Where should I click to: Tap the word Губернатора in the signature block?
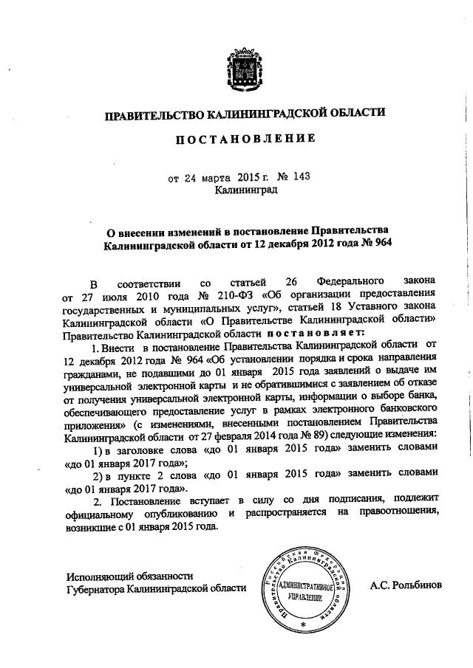[96, 589]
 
